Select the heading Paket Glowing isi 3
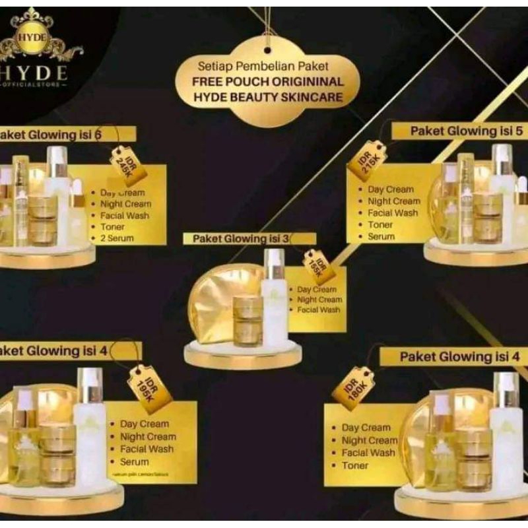point(240,239)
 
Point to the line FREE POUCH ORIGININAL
point(268,82)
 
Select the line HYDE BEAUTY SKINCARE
point(268,97)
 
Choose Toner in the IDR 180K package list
point(355,465)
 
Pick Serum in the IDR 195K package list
point(134,462)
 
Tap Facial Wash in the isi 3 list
point(319,310)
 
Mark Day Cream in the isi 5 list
point(391,189)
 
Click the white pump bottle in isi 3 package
point(275,297)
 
